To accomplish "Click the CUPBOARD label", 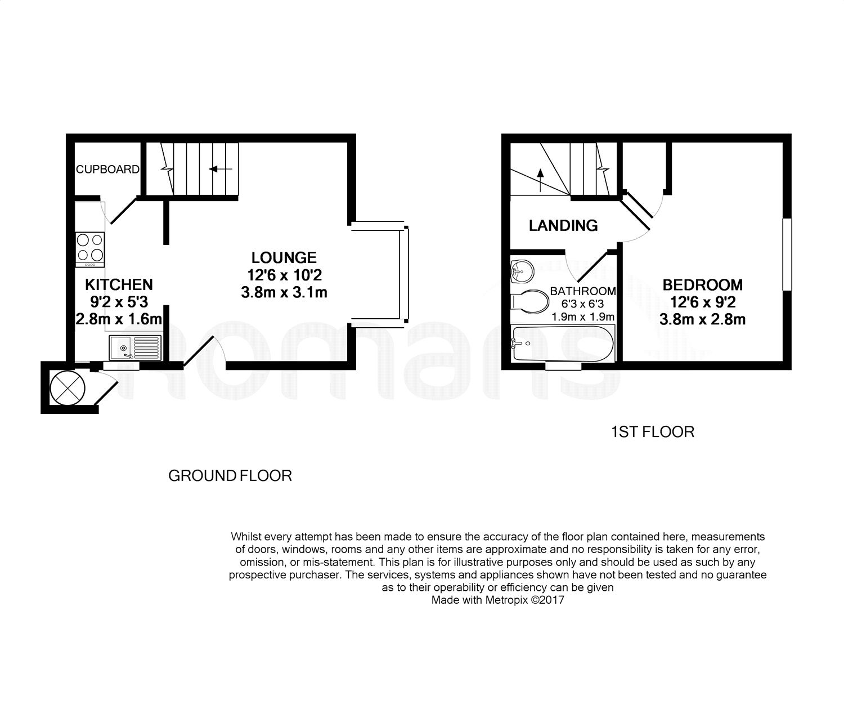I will pos(107,169).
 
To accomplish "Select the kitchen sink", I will pos(136,347).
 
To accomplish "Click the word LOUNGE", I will pos(284,258).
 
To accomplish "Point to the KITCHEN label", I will pos(119,284).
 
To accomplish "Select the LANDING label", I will pos(563,226).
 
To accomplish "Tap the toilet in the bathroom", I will pos(530,301).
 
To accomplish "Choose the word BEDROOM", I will pos(702,285).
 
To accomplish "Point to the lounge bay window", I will pos(403,275).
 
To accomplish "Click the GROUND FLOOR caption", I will pos(230,476).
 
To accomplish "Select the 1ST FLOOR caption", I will pos(652,432).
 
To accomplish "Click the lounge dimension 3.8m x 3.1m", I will pos(286,292).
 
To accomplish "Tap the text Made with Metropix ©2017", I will pos(497,600).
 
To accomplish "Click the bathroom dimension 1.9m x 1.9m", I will pos(583,317).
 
